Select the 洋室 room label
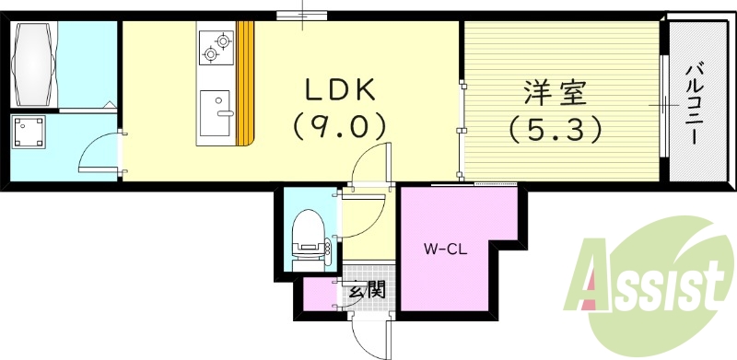[x=556, y=94]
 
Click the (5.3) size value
[x=556, y=130]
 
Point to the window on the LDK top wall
[x=302, y=13]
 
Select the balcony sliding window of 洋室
[x=661, y=105]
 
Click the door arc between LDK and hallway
[x=372, y=164]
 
